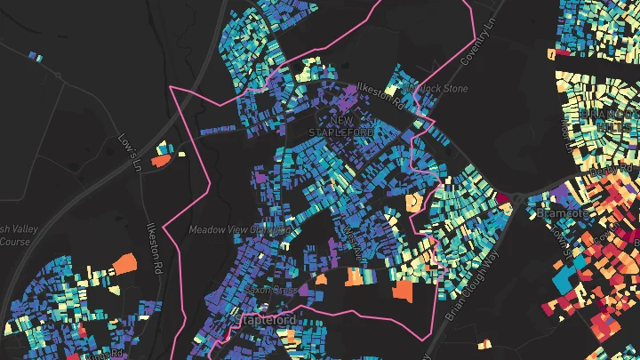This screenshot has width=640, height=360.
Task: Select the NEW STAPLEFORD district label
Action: (341, 125)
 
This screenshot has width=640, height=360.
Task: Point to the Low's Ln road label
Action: (130, 153)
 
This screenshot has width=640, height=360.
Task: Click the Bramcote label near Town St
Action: (559, 213)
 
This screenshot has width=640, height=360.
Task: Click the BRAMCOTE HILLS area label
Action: (598, 119)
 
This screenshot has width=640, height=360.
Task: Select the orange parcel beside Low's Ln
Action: (161, 161)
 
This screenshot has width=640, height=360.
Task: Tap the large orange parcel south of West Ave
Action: (404, 291)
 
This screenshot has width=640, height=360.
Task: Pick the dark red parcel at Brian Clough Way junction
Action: (504, 197)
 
